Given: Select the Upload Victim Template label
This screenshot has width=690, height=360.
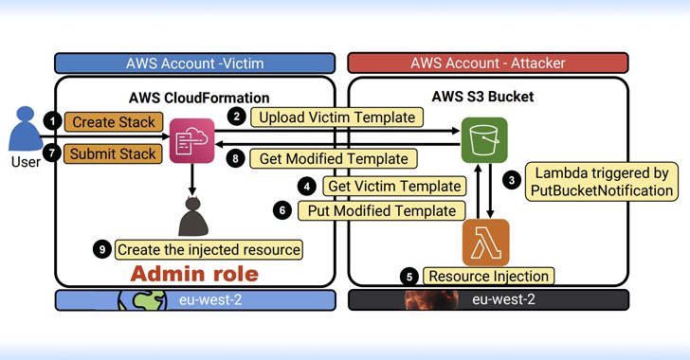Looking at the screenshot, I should [x=336, y=117].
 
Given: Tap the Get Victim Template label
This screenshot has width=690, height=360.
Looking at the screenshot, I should [x=395, y=186].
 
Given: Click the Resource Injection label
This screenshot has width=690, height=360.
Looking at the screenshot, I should [x=488, y=277].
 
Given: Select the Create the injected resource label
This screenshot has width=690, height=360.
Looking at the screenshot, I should [x=209, y=250].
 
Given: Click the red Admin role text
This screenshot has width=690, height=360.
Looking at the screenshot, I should [x=194, y=274].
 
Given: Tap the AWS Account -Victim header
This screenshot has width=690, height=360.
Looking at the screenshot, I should [x=194, y=63].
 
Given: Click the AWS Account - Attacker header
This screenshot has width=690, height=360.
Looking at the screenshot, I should [x=488, y=63].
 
